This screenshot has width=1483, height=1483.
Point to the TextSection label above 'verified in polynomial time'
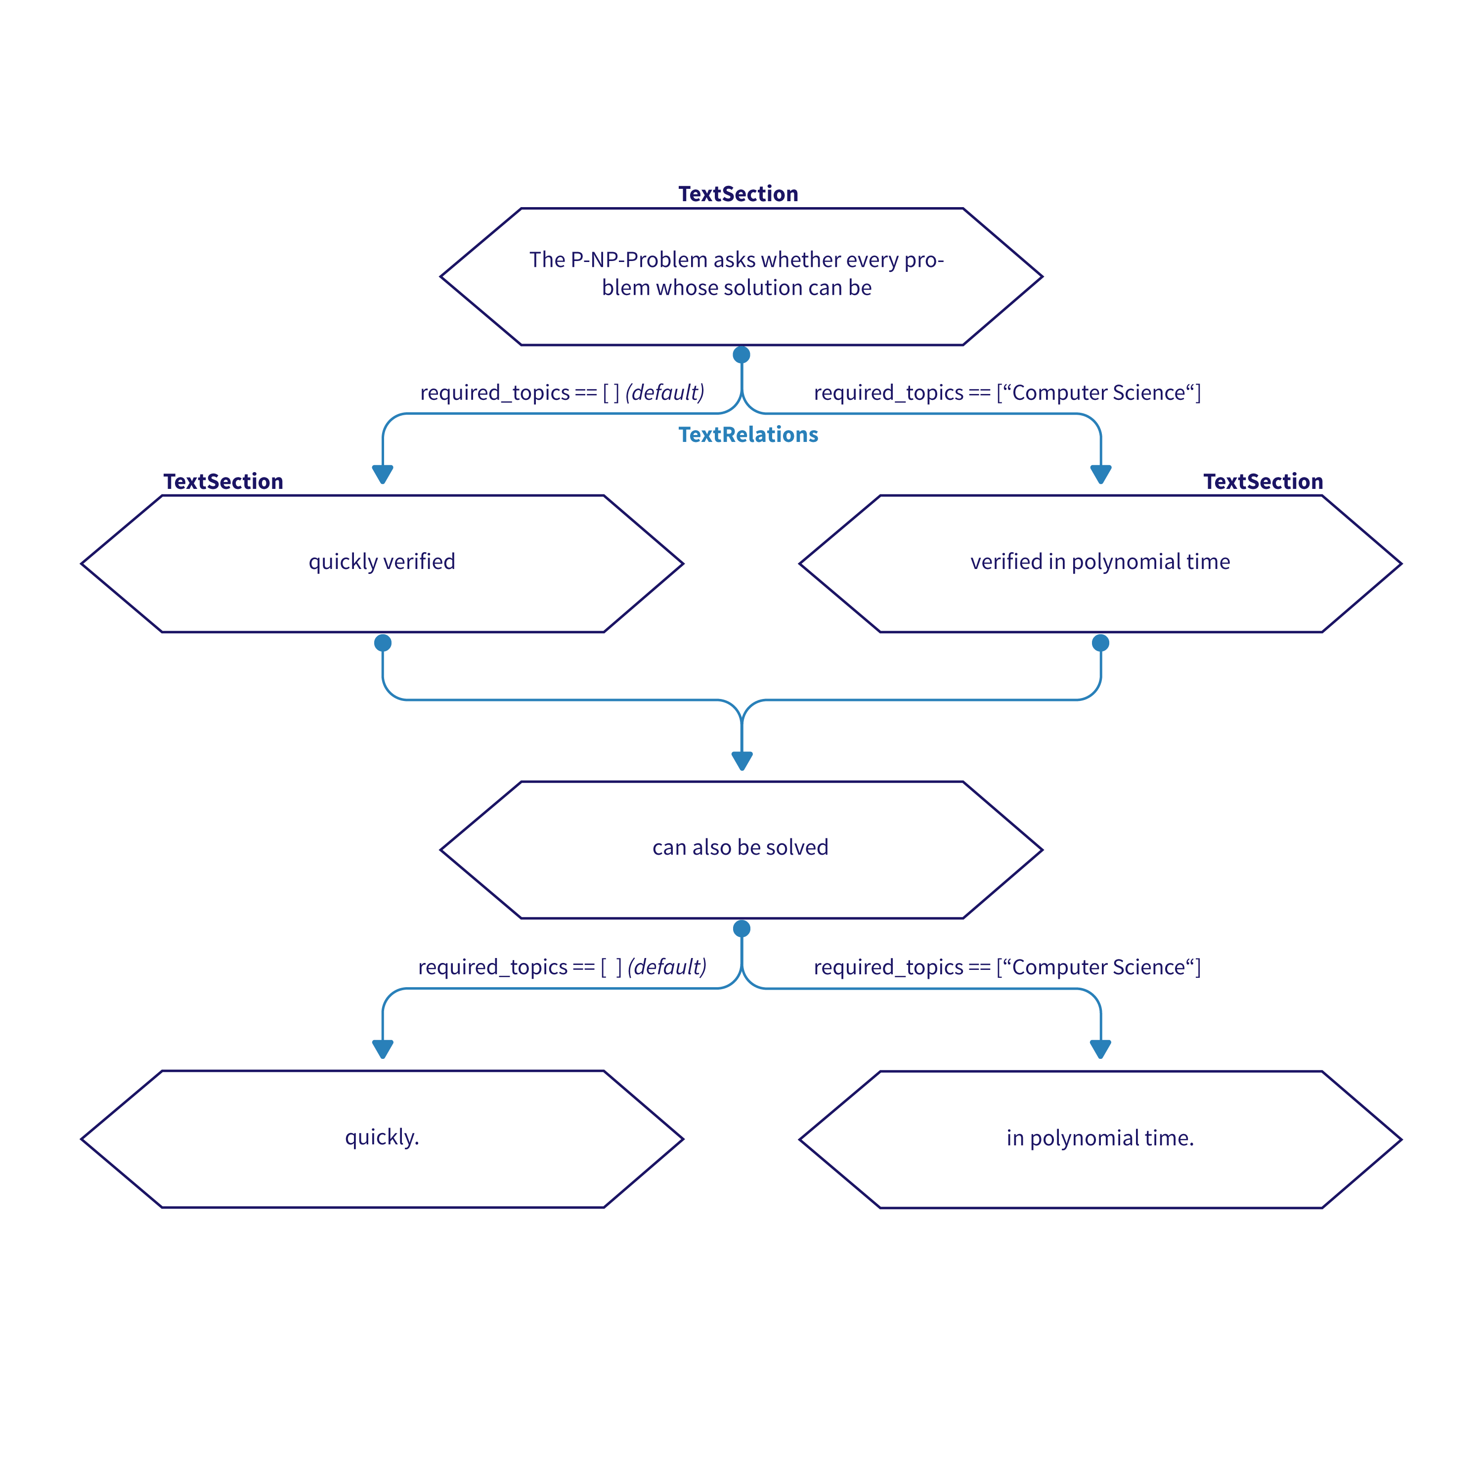(1263, 481)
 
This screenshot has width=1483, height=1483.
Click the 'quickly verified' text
(382, 561)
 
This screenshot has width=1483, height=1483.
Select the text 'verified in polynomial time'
(1099, 561)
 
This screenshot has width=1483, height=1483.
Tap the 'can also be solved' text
(740, 847)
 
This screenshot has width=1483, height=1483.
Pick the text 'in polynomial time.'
(1099, 1137)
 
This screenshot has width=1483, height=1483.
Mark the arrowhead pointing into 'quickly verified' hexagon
(382, 474)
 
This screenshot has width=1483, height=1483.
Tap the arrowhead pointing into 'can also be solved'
(741, 760)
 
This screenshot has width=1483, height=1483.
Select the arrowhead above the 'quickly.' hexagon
(382, 1048)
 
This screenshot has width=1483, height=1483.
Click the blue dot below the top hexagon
(741, 354)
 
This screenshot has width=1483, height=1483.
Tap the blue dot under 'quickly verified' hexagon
(382, 643)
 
